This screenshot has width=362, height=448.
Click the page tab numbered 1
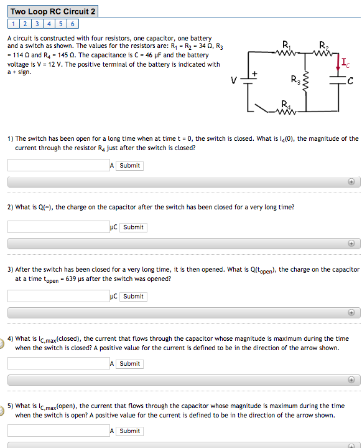[13, 24]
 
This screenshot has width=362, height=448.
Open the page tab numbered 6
[73, 24]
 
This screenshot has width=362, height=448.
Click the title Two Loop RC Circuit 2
[53, 11]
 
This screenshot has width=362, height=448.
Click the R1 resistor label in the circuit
[286, 44]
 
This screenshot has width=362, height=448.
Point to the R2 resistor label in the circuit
[322, 44]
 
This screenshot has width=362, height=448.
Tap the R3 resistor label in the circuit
[294, 79]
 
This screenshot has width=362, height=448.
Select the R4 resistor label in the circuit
[285, 103]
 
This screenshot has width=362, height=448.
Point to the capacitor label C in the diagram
[351, 80]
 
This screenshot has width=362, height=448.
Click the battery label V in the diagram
[233, 80]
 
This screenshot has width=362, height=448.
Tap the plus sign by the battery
[254, 74]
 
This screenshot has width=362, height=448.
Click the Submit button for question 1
[129, 166]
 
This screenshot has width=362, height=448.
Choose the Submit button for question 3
[133, 296]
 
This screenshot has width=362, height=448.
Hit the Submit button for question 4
[129, 363]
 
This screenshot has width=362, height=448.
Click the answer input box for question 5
[58, 431]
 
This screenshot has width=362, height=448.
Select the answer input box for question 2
[58, 227]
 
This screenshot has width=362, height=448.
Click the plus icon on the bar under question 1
[351, 182]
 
